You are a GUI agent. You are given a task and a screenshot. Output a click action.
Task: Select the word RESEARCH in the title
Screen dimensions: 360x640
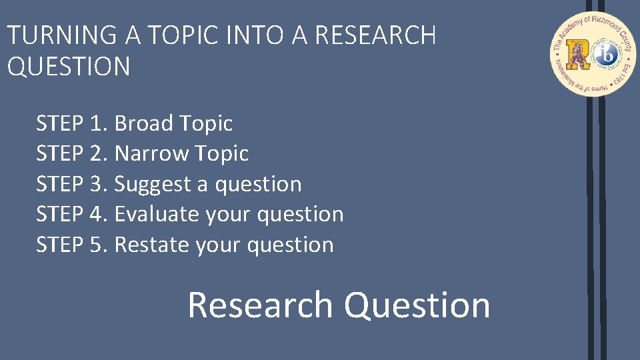[x=375, y=35]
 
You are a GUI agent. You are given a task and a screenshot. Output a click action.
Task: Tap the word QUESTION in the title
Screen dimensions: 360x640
[x=69, y=67]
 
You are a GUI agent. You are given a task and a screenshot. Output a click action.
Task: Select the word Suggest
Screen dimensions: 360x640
[x=153, y=185]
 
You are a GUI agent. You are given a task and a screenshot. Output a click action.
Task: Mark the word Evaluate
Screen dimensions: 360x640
[x=157, y=215]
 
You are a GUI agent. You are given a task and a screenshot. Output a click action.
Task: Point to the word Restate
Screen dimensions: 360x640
[x=152, y=245]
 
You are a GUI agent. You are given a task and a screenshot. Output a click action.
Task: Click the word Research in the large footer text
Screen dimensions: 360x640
[x=260, y=305]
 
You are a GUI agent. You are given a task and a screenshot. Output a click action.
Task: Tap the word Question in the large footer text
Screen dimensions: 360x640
[x=417, y=305]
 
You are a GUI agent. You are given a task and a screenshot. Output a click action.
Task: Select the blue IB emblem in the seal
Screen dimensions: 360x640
[x=606, y=55]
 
